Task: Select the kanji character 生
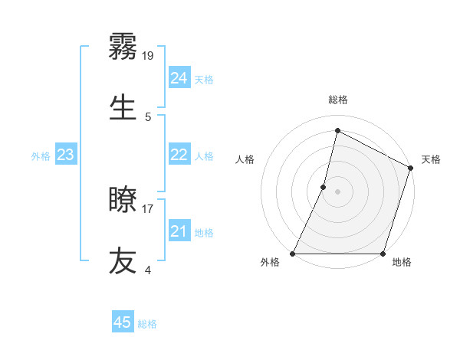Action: pyautogui.click(x=123, y=106)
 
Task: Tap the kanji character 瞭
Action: pyautogui.click(x=123, y=201)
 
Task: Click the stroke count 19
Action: pyautogui.click(x=148, y=55)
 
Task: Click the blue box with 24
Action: pyautogui.click(x=179, y=78)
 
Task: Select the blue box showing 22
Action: pyautogui.click(x=179, y=155)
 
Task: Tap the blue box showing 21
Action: pyautogui.click(x=179, y=231)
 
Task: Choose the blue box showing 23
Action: pyautogui.click(x=65, y=155)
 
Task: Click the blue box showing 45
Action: pyautogui.click(x=123, y=322)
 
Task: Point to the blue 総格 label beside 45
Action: pyautogui.click(x=148, y=324)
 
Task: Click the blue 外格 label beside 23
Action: pyautogui.click(x=41, y=156)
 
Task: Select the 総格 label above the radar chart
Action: pyautogui.click(x=338, y=100)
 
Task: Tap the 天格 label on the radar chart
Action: pyautogui.click(x=431, y=159)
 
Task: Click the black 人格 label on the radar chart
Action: pyautogui.click(x=245, y=159)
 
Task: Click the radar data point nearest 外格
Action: pyautogui.click(x=293, y=254)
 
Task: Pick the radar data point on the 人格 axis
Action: pyautogui.click(x=324, y=187)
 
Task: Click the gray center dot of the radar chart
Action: pyautogui.click(x=338, y=191)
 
